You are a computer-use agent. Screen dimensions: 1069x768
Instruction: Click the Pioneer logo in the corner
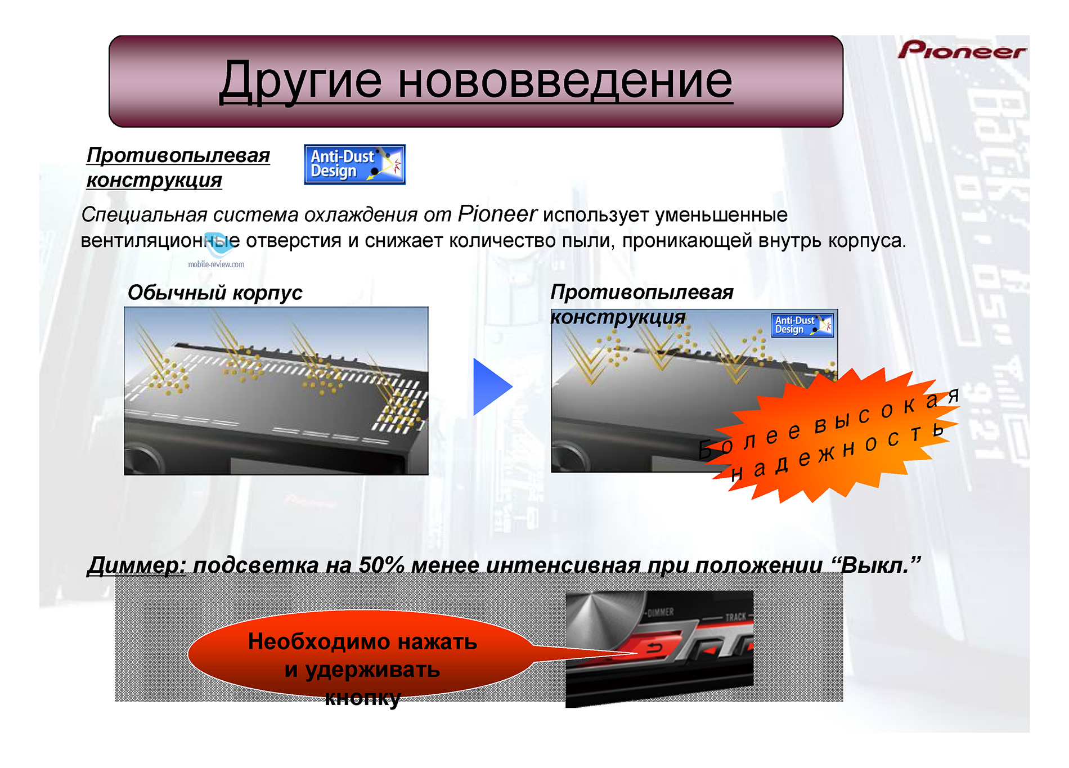coord(962,50)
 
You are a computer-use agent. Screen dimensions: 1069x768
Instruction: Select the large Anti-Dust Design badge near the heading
coord(354,164)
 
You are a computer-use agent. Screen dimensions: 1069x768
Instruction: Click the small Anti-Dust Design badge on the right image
coord(802,325)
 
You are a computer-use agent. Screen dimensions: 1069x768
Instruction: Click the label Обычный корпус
coord(215,293)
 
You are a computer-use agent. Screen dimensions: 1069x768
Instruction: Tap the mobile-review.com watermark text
coord(216,264)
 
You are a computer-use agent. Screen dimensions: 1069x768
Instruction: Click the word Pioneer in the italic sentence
coord(497,214)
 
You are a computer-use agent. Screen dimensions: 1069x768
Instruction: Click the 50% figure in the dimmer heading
coord(381,565)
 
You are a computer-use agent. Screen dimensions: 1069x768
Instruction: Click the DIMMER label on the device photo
coord(661,612)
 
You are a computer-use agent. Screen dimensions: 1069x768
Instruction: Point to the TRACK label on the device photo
coord(735,617)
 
